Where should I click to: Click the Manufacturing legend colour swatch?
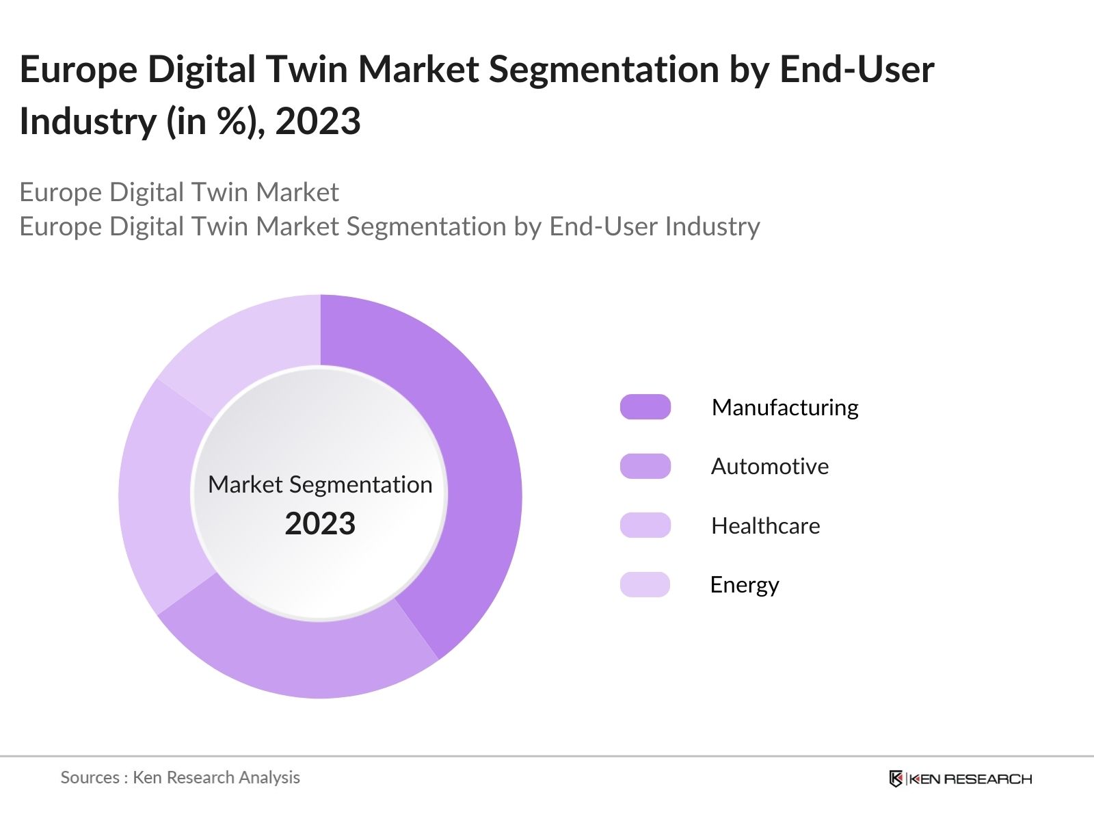(x=645, y=407)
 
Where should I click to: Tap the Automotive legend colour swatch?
(x=645, y=466)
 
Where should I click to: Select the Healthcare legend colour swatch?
(x=645, y=525)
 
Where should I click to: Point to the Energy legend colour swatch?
(x=645, y=584)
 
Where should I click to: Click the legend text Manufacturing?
(x=784, y=408)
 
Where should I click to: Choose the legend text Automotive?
(x=769, y=467)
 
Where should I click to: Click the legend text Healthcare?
(x=765, y=526)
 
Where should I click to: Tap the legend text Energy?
(x=744, y=585)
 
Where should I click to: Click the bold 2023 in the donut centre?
(x=320, y=524)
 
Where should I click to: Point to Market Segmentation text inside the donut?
(x=320, y=484)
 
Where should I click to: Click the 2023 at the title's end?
(x=318, y=122)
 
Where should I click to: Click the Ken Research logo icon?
(x=896, y=779)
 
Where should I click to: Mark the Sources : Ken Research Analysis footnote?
(x=180, y=777)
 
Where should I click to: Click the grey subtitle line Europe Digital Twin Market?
(x=179, y=192)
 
